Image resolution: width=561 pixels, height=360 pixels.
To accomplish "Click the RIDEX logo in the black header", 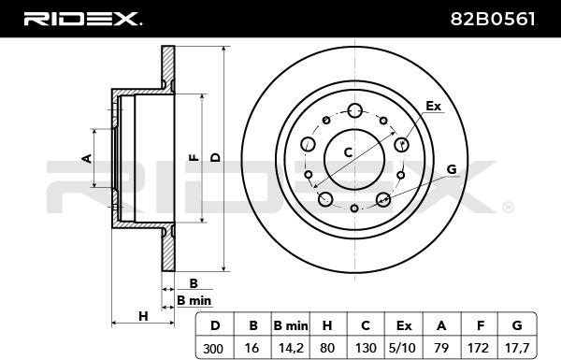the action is click(x=82, y=19).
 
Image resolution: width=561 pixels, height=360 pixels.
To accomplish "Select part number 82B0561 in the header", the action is click(x=493, y=19).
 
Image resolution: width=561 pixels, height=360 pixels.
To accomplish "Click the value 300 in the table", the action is click(x=213, y=348).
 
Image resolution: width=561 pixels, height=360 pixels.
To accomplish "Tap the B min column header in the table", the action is click(x=291, y=325).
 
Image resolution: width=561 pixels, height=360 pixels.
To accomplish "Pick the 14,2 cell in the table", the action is click(x=291, y=348).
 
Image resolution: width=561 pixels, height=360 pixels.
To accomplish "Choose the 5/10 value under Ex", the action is click(x=404, y=348).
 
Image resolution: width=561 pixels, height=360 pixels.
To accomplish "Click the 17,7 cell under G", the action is click(x=517, y=348).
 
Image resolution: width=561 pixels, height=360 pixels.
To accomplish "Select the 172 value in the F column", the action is click(x=478, y=348).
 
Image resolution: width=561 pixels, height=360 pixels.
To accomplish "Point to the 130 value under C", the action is click(x=366, y=348).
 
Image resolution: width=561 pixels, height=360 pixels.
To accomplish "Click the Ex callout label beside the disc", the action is click(x=433, y=106).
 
